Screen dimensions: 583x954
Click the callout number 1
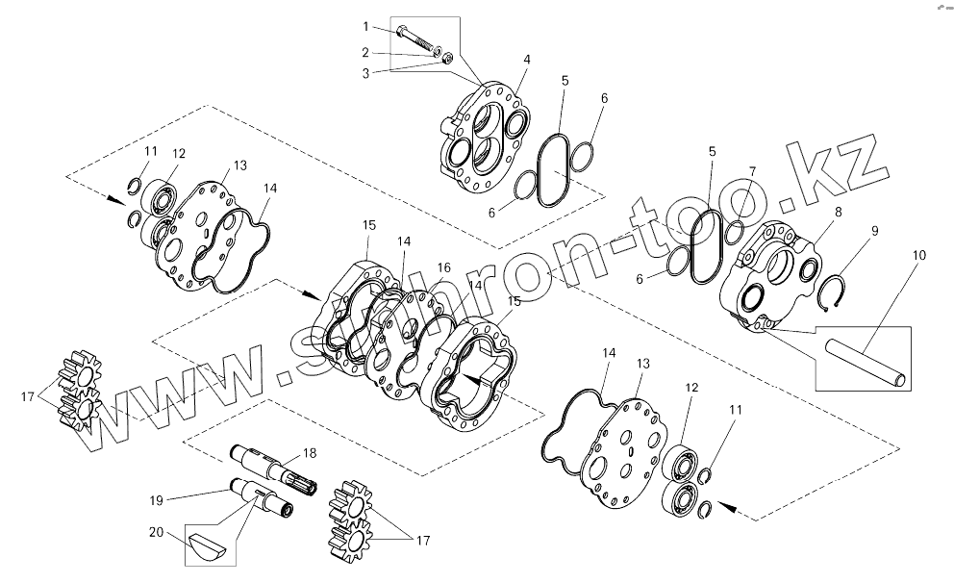click(365, 26)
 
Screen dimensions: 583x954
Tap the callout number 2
click(365, 51)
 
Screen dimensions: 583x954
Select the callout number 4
click(526, 60)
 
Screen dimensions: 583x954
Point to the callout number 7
click(752, 171)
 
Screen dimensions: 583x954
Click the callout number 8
click(839, 212)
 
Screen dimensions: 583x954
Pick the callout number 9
click(874, 231)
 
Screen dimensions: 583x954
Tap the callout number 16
click(443, 267)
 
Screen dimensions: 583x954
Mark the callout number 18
click(309, 452)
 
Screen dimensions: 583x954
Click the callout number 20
click(156, 531)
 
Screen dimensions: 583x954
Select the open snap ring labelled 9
click(837, 291)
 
